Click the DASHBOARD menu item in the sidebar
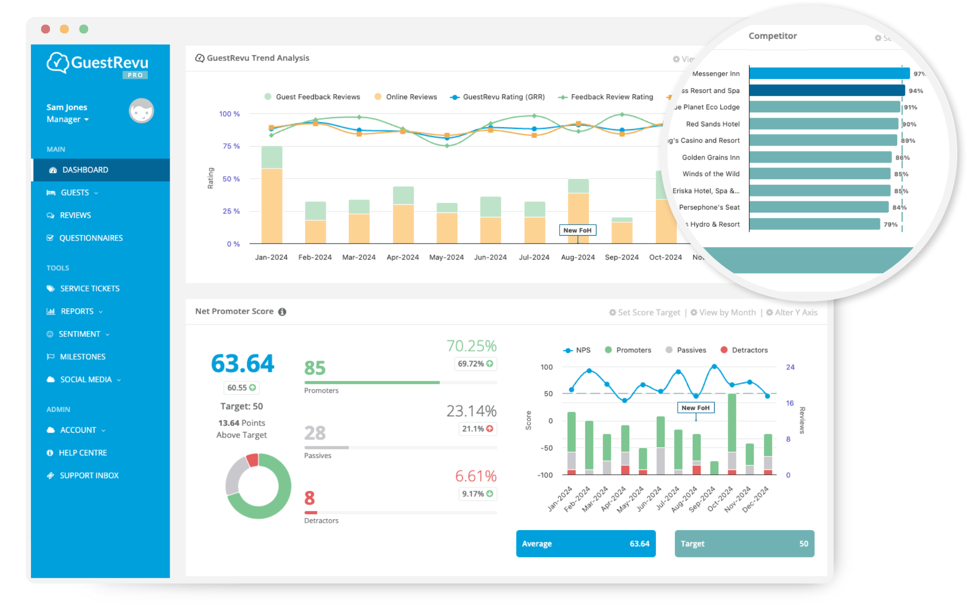[85, 170]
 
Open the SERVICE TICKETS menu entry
[90, 288]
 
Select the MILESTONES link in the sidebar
[82, 357]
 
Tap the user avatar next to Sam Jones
[141, 111]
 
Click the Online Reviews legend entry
[411, 97]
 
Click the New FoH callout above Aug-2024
[577, 230]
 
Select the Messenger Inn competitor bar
[828, 74]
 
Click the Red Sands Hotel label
[713, 124]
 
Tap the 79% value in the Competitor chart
[890, 224]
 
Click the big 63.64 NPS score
[242, 363]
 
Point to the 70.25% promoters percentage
[471, 346]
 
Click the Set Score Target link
[649, 313]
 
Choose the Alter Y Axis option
[796, 313]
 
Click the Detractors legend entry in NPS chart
[749, 350]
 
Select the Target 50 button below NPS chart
[744, 544]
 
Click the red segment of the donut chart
[252, 460]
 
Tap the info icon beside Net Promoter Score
[282, 312]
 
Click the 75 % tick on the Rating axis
[231, 146]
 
